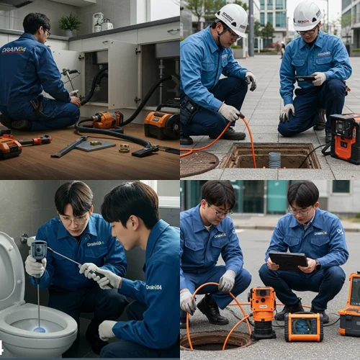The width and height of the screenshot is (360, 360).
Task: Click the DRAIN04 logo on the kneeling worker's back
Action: [14, 50]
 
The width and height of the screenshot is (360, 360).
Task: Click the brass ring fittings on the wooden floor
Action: [124, 148]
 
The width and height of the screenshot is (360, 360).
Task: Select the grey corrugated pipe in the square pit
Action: [274, 159]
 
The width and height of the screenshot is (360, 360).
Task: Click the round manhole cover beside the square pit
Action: [198, 163]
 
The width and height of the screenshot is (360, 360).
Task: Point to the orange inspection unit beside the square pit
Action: [344, 137]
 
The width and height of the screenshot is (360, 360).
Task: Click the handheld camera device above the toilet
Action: [39, 251]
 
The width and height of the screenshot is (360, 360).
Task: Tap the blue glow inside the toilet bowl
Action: [39, 329]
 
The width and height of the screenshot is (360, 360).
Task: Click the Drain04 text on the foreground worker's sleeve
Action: [153, 287]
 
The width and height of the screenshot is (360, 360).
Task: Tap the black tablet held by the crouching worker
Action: [287, 260]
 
